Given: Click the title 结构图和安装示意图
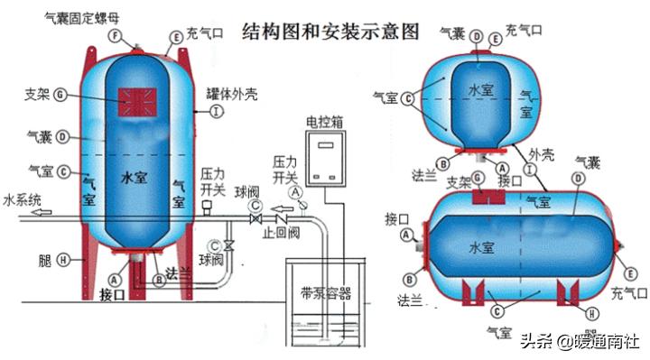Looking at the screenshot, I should [x=331, y=32].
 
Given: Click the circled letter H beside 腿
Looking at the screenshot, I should [x=63, y=259].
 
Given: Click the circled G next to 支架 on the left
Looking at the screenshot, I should [x=60, y=93].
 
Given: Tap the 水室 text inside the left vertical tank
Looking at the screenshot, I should [x=133, y=179].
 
